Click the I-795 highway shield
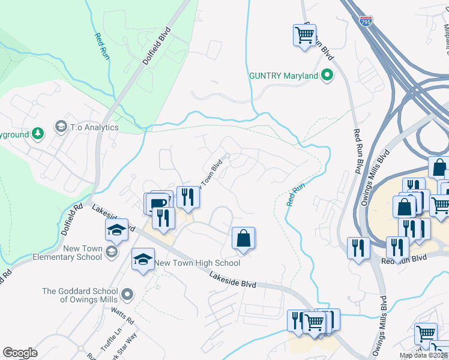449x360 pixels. [366, 22]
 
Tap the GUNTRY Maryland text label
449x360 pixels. [283, 76]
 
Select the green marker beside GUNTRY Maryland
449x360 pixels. [327, 76]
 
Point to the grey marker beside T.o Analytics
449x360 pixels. [61, 127]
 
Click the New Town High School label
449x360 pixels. [197, 263]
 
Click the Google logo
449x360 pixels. [20, 353]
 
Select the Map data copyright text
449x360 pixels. [423, 355]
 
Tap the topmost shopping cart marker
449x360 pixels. [304, 35]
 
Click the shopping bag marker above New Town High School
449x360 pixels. [244, 238]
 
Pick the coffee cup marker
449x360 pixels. [159, 202]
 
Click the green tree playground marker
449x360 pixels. [38, 133]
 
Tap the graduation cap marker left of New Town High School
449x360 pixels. [143, 259]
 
